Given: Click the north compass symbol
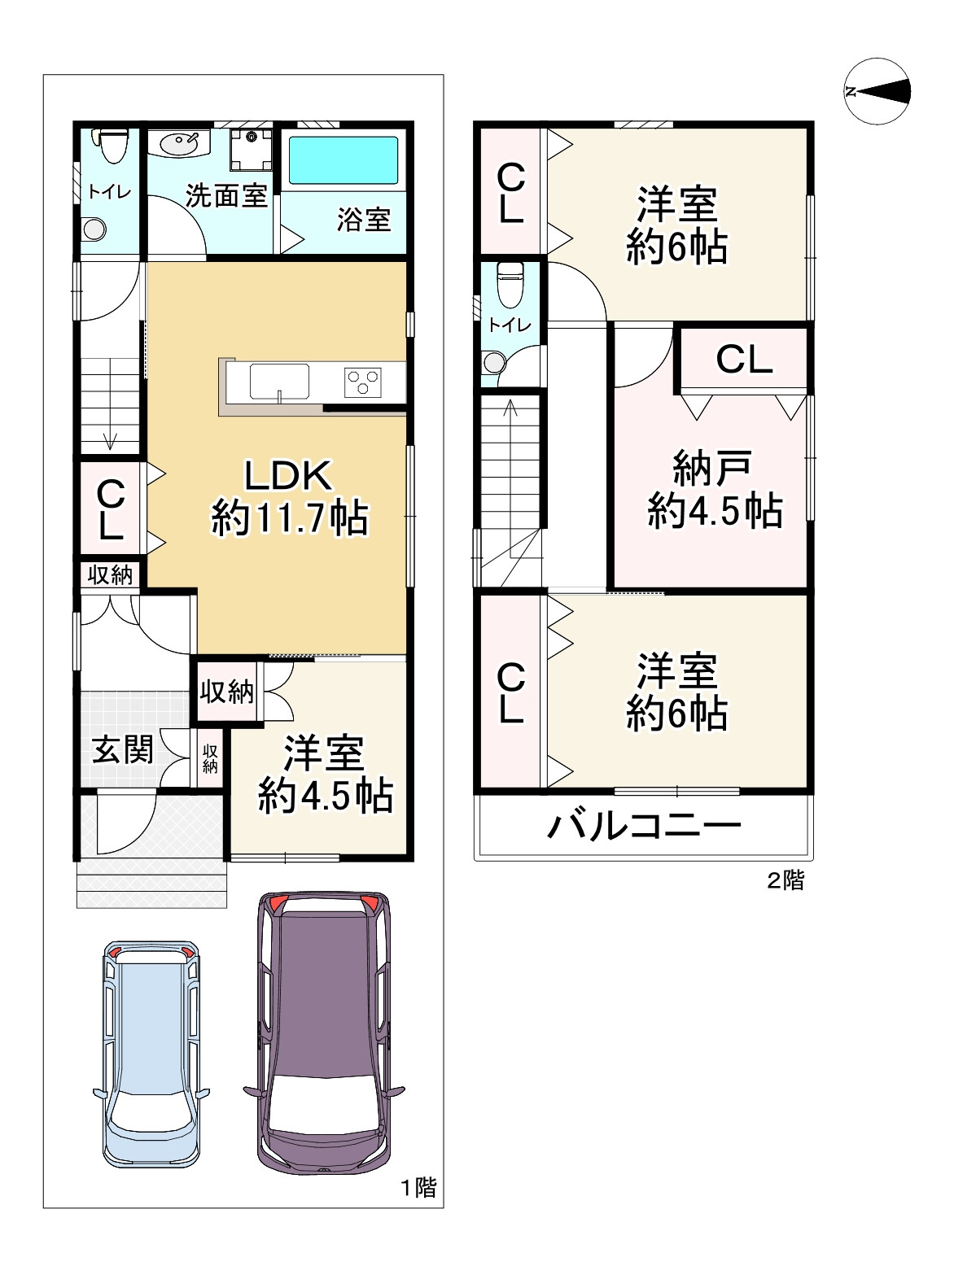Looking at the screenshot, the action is (x=877, y=91).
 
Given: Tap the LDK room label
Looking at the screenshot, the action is (x=288, y=474).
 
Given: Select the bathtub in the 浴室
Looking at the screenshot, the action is (x=344, y=159).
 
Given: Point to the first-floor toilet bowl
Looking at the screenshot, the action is (x=113, y=146).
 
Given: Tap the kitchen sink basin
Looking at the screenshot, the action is (x=279, y=382).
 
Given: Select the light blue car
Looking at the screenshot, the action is (x=151, y=1055).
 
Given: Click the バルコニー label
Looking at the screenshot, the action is (x=644, y=826).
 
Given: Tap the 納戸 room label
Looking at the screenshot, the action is (x=712, y=469).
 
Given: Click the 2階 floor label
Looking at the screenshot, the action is (x=785, y=880).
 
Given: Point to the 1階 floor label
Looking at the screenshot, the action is (x=418, y=1188).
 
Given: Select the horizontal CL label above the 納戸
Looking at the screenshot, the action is (x=744, y=360).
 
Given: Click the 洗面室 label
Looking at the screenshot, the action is (x=226, y=196).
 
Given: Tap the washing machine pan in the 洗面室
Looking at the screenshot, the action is (x=251, y=149).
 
